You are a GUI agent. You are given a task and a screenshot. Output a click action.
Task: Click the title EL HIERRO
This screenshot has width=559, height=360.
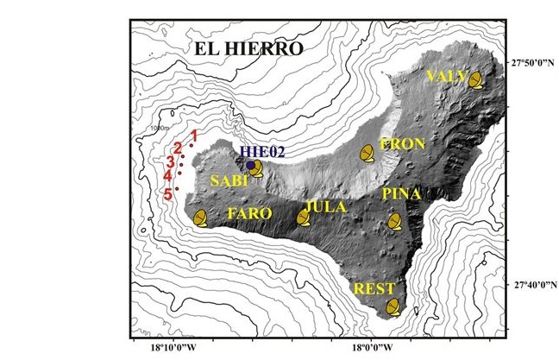pyautogui.click(x=248, y=49)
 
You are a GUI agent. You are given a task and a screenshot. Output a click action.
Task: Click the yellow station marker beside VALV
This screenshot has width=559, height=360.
pyautogui.click(x=476, y=80)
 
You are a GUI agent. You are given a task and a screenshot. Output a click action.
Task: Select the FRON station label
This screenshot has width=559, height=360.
pyautogui.click(x=401, y=144)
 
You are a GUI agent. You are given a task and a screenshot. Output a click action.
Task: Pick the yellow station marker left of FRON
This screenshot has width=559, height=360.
pyautogui.click(x=367, y=153)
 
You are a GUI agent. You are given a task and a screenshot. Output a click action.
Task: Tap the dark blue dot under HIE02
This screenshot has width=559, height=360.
pyautogui.click(x=251, y=165)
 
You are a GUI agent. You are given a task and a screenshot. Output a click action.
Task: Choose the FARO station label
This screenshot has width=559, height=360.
pyautogui.click(x=249, y=212)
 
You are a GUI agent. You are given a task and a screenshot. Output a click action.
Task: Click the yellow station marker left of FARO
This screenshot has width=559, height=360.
pyautogui.click(x=201, y=218)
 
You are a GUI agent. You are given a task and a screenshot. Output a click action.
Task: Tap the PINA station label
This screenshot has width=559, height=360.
pyautogui.click(x=401, y=194)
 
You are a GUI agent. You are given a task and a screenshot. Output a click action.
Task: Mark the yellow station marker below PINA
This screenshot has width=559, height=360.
pyautogui.click(x=395, y=221)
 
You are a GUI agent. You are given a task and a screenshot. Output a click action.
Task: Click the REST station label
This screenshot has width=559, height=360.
pyautogui.click(x=374, y=288)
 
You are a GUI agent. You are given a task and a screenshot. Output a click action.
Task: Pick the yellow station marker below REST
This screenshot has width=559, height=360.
pyautogui.click(x=393, y=306)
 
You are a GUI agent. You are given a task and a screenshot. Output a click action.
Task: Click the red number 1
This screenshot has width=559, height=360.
pyautogui.click(x=195, y=136)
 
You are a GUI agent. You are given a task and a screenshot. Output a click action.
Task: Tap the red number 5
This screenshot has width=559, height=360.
pyautogui.click(x=168, y=194)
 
